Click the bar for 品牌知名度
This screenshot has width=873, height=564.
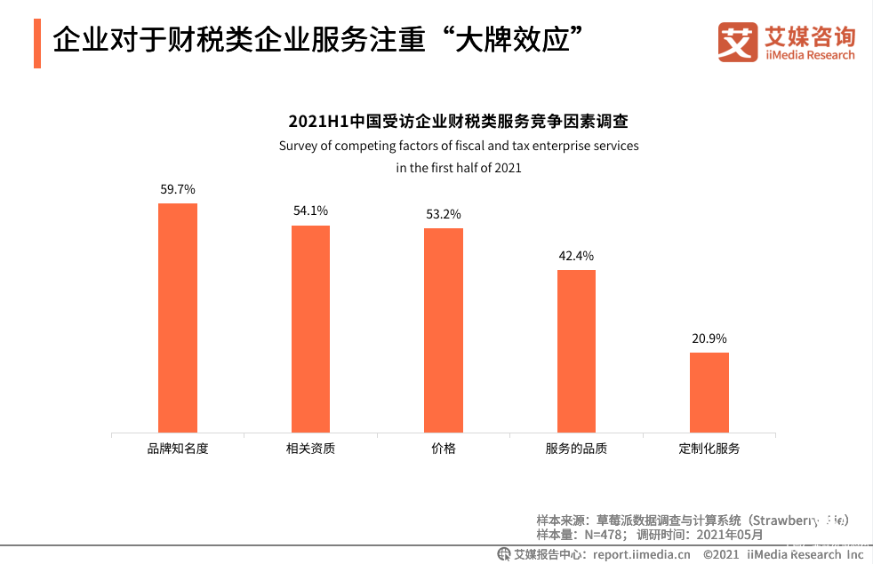[178, 318]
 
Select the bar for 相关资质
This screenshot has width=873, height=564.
[310, 329]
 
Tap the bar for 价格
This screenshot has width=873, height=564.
[444, 330]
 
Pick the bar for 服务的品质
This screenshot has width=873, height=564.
[576, 351]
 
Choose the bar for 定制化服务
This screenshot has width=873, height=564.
[709, 393]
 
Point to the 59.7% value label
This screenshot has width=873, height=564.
[178, 189]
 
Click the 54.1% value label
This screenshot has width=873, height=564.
[310, 211]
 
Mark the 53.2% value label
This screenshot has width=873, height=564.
[444, 214]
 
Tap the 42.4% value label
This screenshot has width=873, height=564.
[576, 256]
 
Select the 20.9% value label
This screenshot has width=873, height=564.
[709, 338]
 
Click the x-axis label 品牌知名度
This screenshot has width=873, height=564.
[178, 449]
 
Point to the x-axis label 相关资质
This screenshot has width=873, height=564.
[310, 449]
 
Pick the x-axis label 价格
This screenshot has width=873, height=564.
[444, 449]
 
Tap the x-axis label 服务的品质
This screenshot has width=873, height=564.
[576, 449]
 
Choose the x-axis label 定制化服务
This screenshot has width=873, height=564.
[709, 449]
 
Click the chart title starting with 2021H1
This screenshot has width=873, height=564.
[458, 122]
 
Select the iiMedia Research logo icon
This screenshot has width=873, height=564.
[737, 43]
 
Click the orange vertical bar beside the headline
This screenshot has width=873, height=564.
[37, 43]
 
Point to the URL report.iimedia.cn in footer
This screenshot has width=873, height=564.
[641, 554]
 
